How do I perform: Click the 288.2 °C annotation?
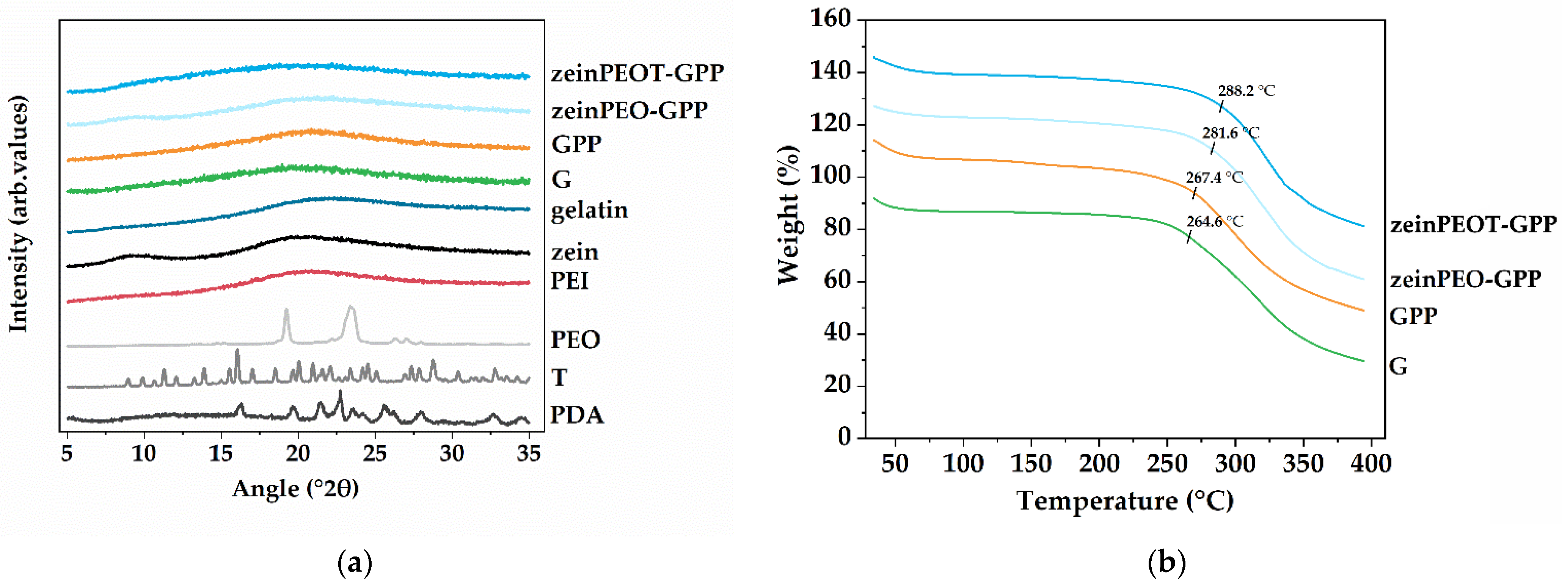pos(1246,91)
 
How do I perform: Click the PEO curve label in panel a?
pos(575,339)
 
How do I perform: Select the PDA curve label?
pos(577,415)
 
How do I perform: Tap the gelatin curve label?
pos(589,210)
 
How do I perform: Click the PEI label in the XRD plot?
pos(569,281)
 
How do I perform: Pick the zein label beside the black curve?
pos(574,252)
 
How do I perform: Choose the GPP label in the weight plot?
pos(1413,316)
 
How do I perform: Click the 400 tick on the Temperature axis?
pos(1371,464)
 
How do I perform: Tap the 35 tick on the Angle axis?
pos(529,453)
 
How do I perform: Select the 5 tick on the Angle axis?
pos(67,453)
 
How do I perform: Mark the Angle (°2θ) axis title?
pos(295,488)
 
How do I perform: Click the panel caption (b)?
pos(1166,563)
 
